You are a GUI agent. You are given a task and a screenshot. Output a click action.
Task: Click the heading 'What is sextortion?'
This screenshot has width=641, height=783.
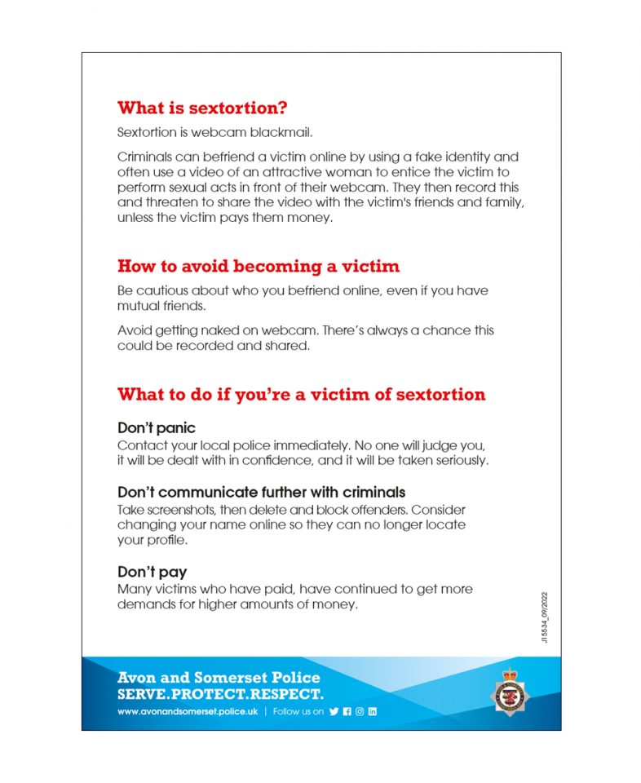click(202, 108)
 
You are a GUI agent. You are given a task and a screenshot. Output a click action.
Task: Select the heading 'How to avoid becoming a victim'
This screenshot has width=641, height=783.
click(259, 267)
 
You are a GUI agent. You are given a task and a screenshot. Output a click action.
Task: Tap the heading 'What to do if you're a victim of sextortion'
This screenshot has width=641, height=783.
click(301, 395)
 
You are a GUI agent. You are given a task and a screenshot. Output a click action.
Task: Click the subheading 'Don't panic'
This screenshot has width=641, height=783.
click(157, 428)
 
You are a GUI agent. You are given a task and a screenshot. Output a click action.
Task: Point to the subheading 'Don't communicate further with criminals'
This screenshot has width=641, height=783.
click(261, 493)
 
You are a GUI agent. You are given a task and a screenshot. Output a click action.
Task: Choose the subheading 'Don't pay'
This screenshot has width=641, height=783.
click(152, 572)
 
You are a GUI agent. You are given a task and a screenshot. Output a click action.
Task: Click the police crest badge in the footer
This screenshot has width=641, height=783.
click(510, 692)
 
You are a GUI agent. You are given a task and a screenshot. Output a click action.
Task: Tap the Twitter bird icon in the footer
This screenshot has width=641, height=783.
click(334, 711)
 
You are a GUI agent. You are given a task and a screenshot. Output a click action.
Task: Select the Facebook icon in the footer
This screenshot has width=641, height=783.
click(347, 711)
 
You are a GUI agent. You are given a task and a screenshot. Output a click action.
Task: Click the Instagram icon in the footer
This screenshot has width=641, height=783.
click(360, 711)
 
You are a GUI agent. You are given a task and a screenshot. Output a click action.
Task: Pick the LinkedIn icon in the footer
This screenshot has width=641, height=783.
click(373, 711)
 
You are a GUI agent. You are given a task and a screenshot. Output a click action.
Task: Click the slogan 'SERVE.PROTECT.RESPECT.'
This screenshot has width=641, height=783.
click(220, 694)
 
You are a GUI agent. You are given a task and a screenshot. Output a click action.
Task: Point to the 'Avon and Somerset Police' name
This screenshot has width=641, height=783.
click(219, 678)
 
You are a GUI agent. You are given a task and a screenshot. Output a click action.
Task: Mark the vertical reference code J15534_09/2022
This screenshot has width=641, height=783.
click(544, 617)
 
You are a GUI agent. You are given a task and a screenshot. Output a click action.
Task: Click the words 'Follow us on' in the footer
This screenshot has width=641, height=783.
click(298, 711)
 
